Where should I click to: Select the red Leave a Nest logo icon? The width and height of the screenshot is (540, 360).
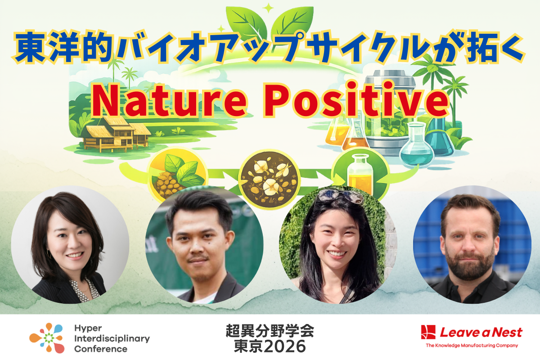(429, 332)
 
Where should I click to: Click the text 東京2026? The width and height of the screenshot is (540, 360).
(270, 346)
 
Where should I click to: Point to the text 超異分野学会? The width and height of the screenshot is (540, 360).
(270, 331)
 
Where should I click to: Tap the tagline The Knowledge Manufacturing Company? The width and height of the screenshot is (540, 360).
(472, 346)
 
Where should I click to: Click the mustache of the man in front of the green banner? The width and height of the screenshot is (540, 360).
(198, 259)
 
